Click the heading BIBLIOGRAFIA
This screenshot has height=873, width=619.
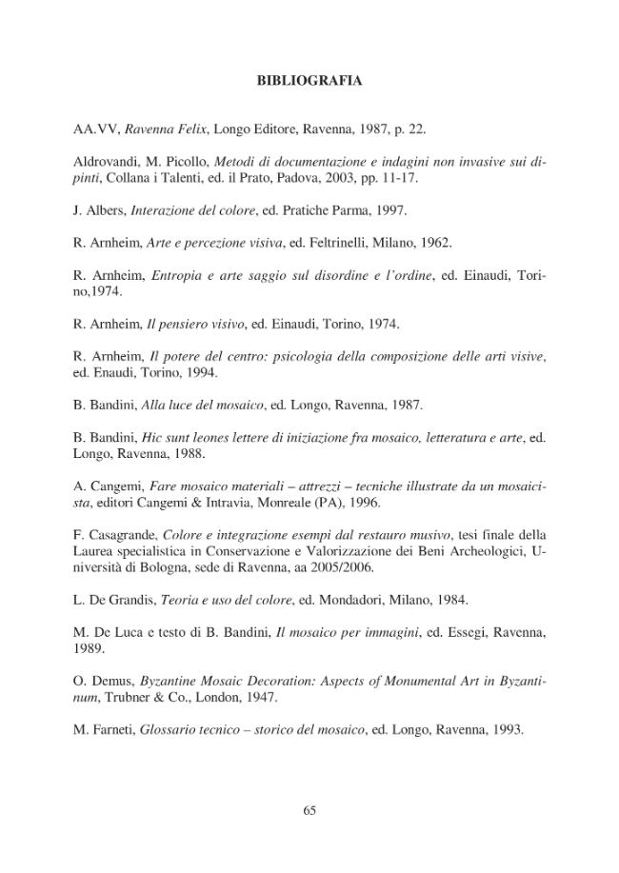pos(309,81)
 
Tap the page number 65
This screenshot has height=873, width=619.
pos(309,810)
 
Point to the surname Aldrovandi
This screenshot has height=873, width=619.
pos(108,162)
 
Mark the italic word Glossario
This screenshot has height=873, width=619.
pos(172,730)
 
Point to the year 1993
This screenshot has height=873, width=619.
pos(505,730)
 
